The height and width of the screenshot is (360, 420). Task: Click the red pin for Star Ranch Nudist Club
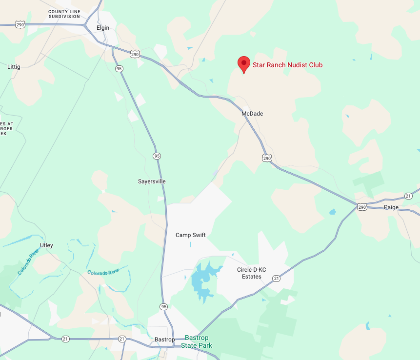[244, 64]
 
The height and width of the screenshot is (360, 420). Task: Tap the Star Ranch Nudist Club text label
[287, 65]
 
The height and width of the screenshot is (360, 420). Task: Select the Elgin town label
[103, 28]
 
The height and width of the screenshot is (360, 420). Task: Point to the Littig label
[14, 66]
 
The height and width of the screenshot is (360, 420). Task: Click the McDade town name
[252, 114]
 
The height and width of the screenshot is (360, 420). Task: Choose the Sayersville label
[152, 181]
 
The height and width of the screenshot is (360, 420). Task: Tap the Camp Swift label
[191, 235]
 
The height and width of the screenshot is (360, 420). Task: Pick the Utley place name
[46, 245]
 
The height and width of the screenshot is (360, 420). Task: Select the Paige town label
[391, 207]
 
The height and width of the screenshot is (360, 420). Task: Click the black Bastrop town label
[164, 340]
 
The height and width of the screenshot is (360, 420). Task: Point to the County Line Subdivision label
[64, 14]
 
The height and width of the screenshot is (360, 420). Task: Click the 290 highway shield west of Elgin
[20, 24]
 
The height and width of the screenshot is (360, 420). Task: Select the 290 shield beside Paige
[361, 207]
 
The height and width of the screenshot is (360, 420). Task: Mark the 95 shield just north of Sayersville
[156, 156]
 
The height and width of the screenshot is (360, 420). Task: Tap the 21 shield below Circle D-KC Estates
[277, 279]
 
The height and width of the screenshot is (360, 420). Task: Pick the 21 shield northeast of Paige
[408, 196]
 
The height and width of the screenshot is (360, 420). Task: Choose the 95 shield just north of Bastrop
[163, 307]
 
